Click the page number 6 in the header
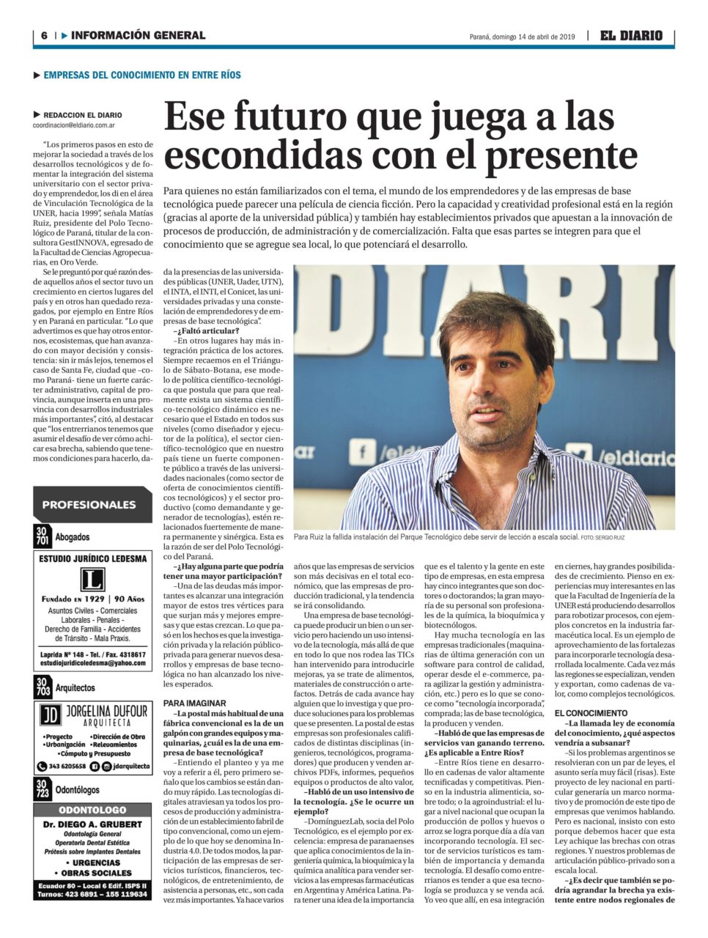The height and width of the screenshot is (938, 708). click(45, 35)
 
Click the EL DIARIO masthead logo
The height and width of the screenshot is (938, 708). click(631, 35)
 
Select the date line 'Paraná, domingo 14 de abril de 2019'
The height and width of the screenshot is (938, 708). click(522, 37)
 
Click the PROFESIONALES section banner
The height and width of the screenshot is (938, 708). click(89, 504)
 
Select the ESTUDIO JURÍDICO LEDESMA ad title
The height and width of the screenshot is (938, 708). click(92, 558)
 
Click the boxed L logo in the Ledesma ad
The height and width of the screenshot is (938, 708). click(92, 580)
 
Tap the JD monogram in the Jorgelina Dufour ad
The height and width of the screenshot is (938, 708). click(50, 714)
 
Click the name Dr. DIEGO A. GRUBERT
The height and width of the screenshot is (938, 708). click(92, 824)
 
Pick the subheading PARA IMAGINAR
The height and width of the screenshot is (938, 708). click(194, 703)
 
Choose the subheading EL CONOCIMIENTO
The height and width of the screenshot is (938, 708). click(591, 712)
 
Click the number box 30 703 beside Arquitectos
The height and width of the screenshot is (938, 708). click(42, 687)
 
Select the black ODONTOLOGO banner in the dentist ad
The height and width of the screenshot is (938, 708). click(92, 810)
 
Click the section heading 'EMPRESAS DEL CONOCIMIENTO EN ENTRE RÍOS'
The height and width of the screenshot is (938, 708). click(142, 75)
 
